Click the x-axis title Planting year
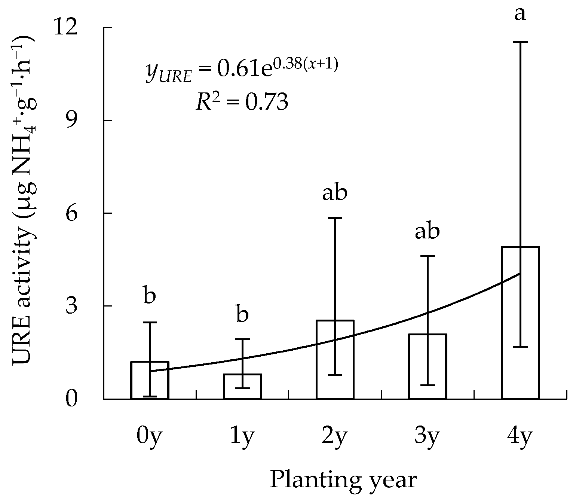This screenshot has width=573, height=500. pyautogui.click(x=343, y=480)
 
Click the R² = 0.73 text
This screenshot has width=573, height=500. pyautogui.click(x=242, y=101)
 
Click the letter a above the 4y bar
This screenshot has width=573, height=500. pyautogui.click(x=520, y=14)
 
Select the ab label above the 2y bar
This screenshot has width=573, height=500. pyautogui.click(x=335, y=193)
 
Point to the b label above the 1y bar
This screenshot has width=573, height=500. pyautogui.click(x=242, y=314)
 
